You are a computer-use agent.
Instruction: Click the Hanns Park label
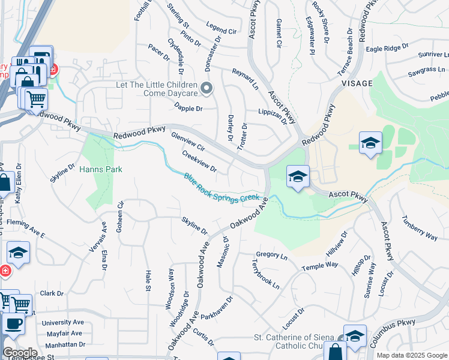[101, 170]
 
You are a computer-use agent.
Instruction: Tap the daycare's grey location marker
[207, 89]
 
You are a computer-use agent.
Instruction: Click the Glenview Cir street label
[188, 142]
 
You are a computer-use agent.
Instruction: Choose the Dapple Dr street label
[188, 109]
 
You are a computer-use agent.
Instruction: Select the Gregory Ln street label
[272, 255]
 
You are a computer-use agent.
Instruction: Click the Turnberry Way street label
[420, 228]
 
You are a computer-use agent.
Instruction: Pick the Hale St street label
[148, 280]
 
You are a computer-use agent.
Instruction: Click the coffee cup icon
[13, 323]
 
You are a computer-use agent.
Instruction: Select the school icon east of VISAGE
[370, 143]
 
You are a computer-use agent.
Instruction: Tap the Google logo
[19, 353]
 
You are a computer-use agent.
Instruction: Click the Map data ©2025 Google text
[412, 355]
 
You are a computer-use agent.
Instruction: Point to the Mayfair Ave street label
[62, 333]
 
